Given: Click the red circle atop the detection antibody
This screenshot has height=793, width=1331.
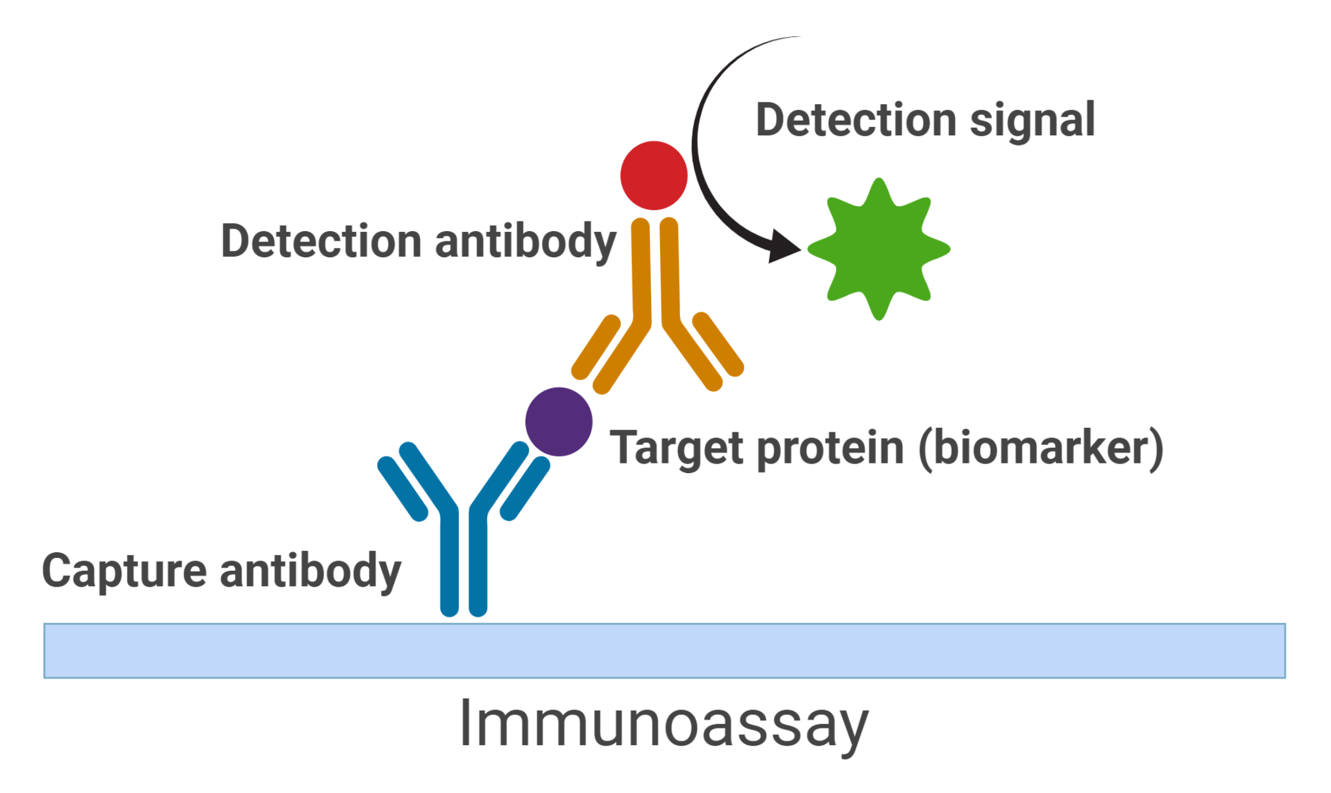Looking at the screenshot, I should [654, 176].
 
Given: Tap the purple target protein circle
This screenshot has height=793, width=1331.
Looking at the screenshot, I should [559, 421].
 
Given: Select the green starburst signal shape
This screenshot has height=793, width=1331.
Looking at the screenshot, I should [879, 249].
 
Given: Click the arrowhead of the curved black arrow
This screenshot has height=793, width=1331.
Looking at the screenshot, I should [784, 246].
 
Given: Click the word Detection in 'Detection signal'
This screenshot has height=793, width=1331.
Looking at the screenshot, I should [855, 120].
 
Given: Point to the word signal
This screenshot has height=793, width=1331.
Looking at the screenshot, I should [1032, 121].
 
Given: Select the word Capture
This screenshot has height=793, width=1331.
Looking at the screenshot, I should [124, 570].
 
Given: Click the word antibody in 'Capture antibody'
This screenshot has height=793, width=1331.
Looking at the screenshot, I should [310, 570].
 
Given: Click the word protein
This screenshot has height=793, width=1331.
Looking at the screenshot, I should [830, 448].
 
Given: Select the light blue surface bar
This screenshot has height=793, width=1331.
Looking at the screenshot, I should [664, 651].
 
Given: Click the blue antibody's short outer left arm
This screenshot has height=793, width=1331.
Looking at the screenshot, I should [402, 488].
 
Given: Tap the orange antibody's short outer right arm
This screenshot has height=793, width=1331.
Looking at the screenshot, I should [718, 345].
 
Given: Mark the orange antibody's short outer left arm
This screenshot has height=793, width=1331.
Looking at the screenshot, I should [596, 346].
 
